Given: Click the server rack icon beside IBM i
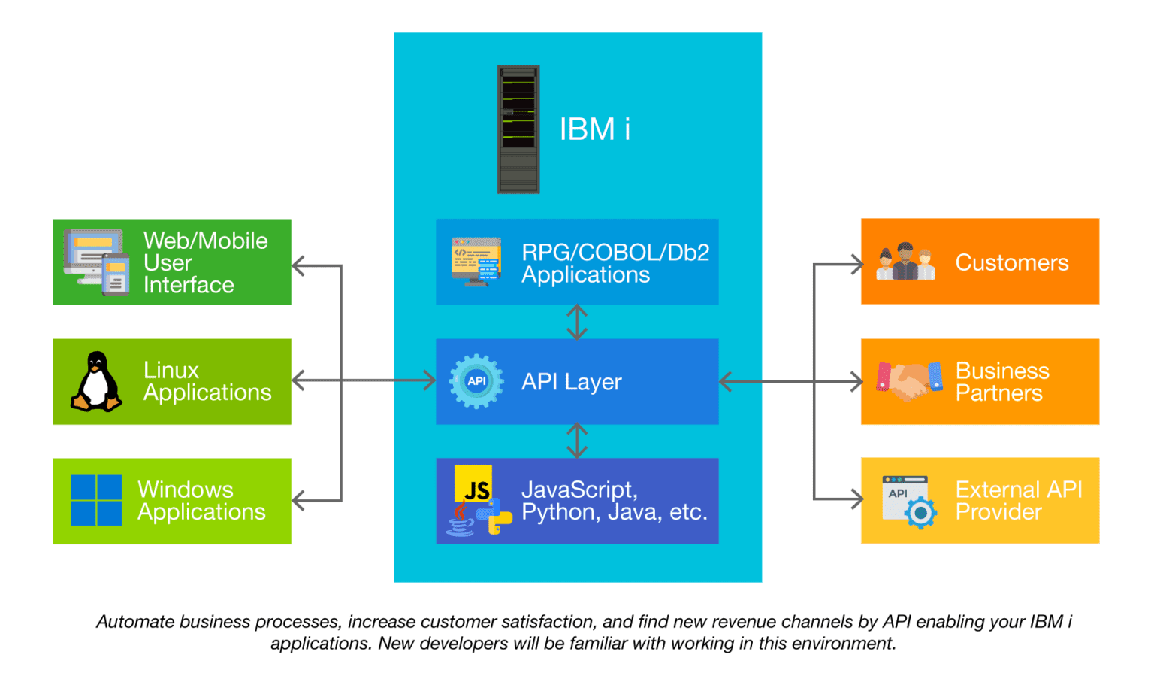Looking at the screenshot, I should (518, 129).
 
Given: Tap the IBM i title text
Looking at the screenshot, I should (594, 129).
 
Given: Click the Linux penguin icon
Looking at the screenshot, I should (96, 382).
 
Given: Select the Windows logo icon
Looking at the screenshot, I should (96, 500).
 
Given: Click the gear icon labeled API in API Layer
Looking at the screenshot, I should (476, 381).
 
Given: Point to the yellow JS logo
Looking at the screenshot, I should (473, 485).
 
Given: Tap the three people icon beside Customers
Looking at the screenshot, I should (905, 262).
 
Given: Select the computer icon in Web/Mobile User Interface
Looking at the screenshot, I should (96, 262).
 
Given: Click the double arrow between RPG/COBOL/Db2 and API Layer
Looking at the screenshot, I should (577, 322).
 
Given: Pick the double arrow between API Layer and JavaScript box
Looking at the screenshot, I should (577, 441).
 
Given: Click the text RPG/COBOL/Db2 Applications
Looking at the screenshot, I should (615, 263).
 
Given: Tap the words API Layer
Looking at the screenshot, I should (572, 382).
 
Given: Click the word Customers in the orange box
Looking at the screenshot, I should (1011, 262).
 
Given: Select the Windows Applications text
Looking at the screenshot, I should (201, 501).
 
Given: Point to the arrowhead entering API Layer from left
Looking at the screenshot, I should (430, 380).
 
